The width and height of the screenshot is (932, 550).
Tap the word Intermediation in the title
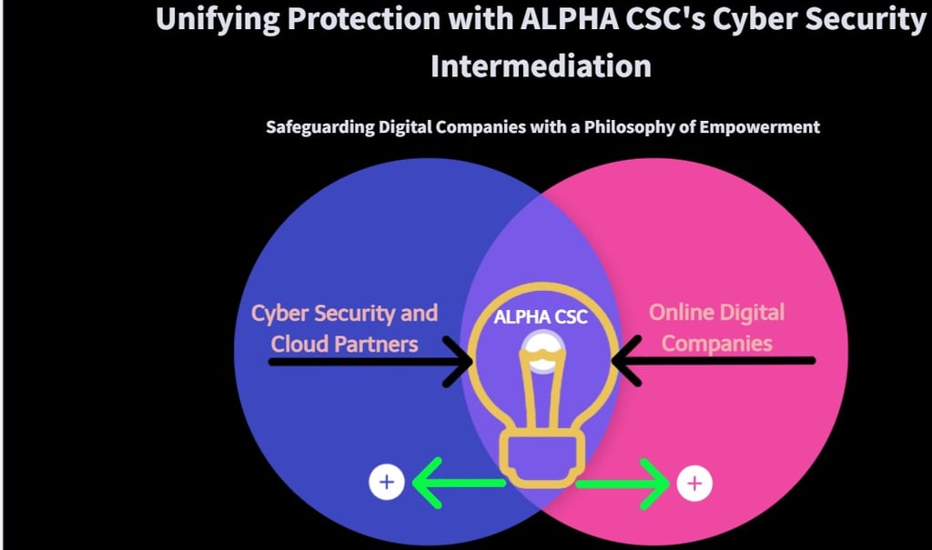pos(541,65)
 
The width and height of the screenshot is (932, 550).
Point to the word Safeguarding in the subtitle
pos(319,127)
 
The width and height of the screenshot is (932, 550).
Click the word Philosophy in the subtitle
pos(646,127)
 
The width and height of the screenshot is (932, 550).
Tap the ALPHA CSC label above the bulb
pos(541,317)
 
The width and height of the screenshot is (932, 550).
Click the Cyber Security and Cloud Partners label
pos(344,328)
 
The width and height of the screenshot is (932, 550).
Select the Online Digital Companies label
pos(716,328)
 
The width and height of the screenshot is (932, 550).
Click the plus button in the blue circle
pos(387,482)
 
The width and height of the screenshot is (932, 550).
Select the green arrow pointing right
pos(624,484)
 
